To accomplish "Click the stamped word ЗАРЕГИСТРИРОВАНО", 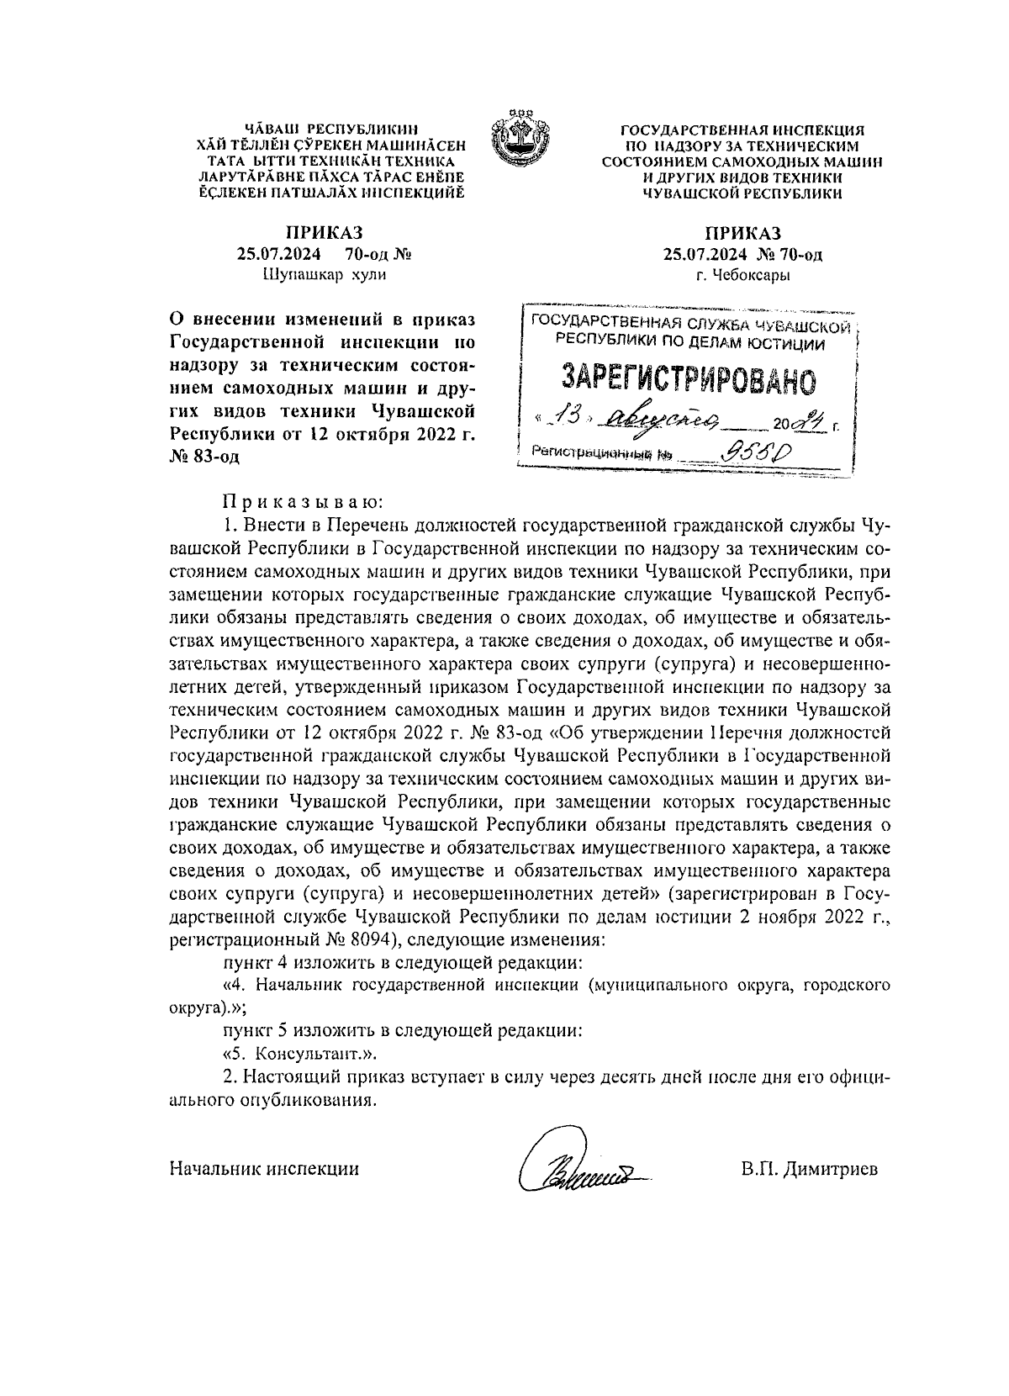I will (x=689, y=380).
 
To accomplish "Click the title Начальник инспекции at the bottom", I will (x=264, y=1168).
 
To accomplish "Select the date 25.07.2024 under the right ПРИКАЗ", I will (x=699, y=254).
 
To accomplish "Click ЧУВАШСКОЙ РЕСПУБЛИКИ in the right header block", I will (x=742, y=193).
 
